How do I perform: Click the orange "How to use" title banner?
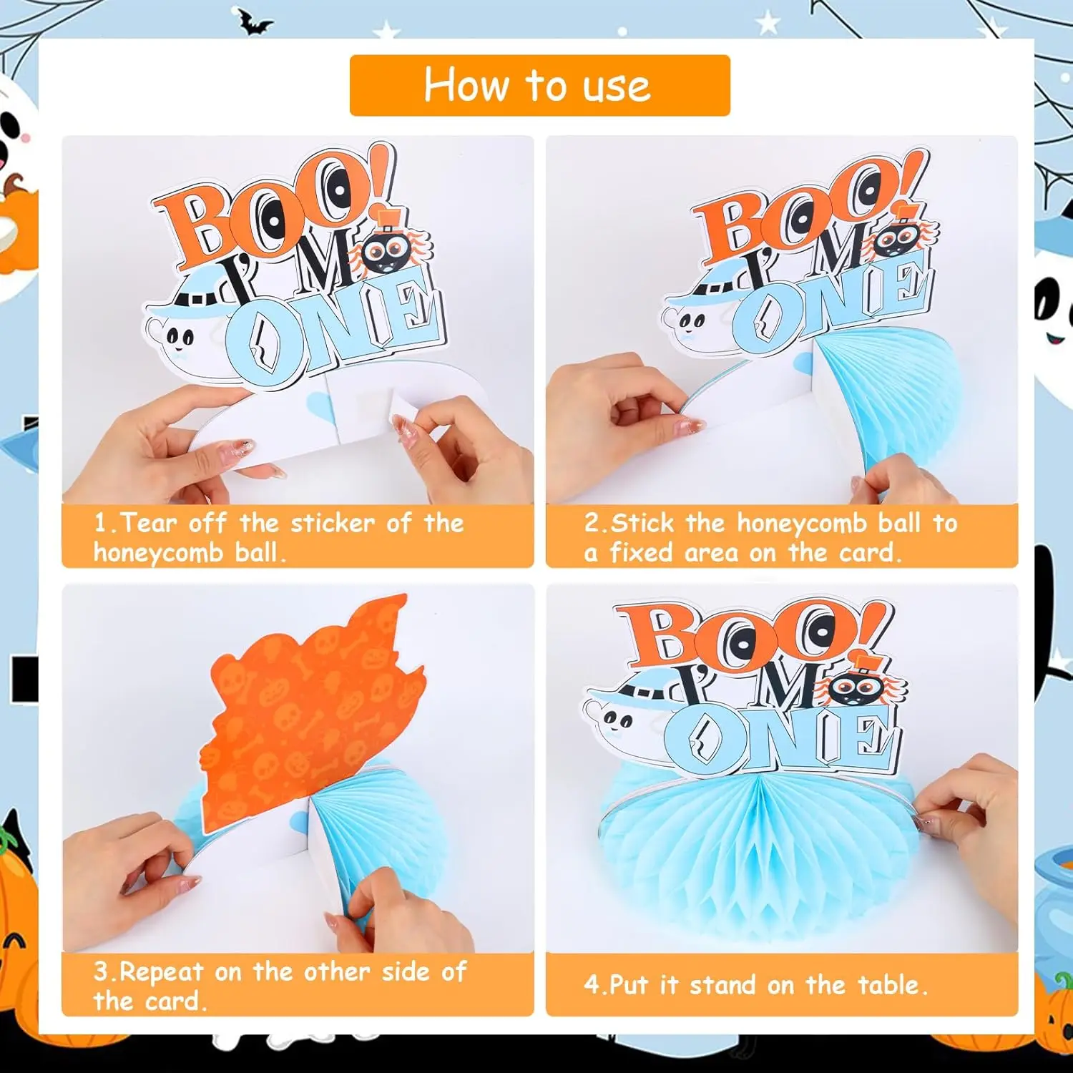pyautogui.click(x=539, y=85)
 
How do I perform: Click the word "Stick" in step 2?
pyautogui.click(x=642, y=523)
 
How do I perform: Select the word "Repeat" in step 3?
pyautogui.click(x=161, y=972)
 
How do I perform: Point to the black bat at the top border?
pyautogui.click(x=255, y=23)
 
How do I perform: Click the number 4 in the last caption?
pyautogui.click(x=592, y=985)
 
